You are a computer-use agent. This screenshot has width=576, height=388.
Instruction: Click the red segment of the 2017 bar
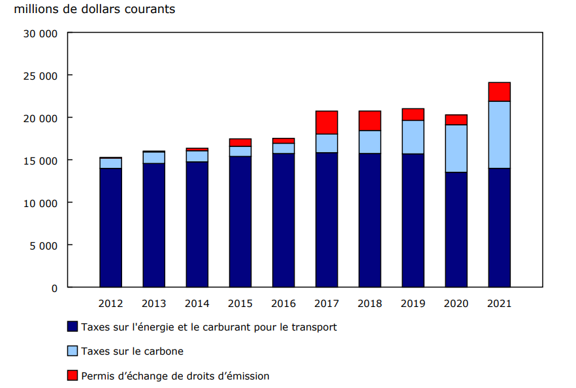(x=327, y=122)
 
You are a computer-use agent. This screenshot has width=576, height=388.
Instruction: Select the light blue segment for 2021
(x=499, y=135)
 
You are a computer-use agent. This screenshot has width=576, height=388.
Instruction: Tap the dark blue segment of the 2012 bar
(x=110, y=227)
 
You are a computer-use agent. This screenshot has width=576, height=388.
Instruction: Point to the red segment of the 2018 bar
(x=370, y=121)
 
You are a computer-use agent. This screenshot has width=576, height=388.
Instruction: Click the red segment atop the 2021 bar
(x=499, y=91)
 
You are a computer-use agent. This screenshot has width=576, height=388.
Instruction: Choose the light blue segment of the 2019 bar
(x=413, y=137)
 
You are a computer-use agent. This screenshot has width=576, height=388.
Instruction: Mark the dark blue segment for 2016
(x=283, y=220)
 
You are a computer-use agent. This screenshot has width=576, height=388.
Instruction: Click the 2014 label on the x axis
(x=197, y=304)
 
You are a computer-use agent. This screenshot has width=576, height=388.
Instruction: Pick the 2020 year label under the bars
(x=456, y=304)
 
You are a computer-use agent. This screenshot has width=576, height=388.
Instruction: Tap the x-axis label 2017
(x=327, y=304)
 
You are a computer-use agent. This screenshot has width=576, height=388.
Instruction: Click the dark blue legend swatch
(x=72, y=327)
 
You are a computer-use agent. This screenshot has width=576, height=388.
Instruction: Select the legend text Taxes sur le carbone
(x=132, y=351)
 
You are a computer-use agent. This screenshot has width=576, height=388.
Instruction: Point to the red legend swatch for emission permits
(x=72, y=376)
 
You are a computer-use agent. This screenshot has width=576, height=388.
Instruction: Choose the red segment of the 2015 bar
(x=240, y=142)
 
